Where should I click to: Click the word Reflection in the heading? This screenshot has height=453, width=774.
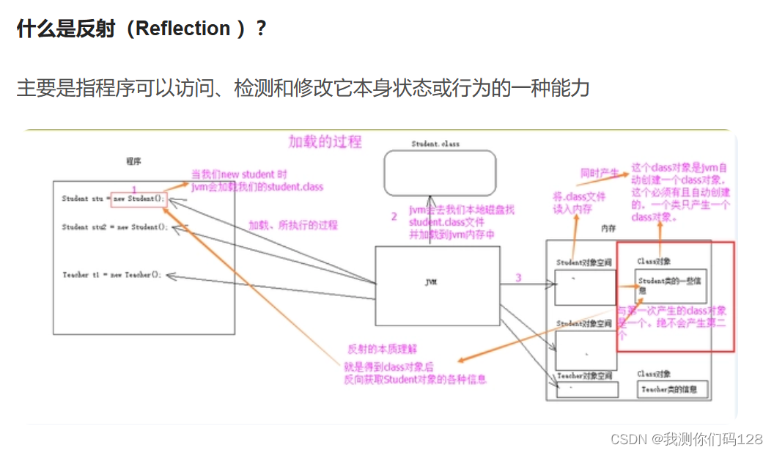183,29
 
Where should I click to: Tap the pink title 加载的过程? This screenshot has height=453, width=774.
325,141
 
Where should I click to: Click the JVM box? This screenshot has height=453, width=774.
438,282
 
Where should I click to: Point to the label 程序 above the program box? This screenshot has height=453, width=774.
133,161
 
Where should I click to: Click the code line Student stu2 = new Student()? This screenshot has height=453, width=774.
115,227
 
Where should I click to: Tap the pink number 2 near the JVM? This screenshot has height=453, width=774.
394,216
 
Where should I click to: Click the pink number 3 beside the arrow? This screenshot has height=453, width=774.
518,278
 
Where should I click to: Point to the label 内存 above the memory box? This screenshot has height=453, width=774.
608,229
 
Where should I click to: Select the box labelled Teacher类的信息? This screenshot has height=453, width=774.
673,389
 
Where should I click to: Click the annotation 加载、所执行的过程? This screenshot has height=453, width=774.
293,225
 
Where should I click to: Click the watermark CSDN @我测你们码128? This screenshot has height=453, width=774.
686,439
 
